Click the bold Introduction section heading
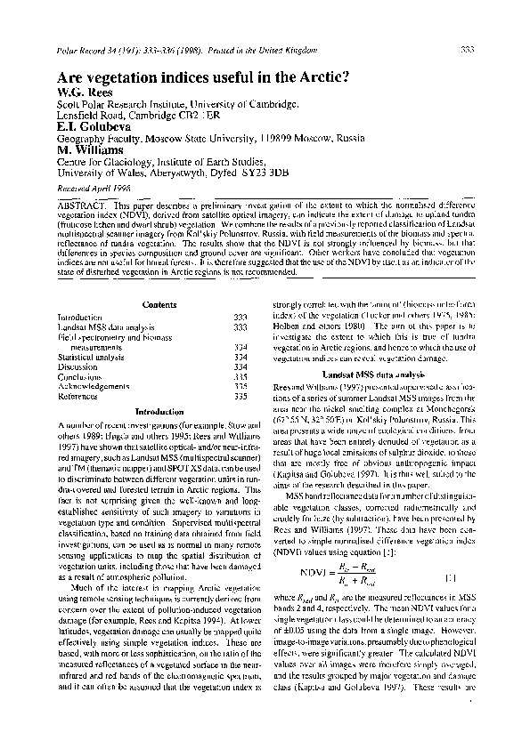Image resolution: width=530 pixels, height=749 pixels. pos(159,412)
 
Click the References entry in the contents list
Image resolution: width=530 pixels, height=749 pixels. pos(78,397)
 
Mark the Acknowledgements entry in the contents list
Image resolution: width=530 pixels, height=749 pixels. pos(94,387)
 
